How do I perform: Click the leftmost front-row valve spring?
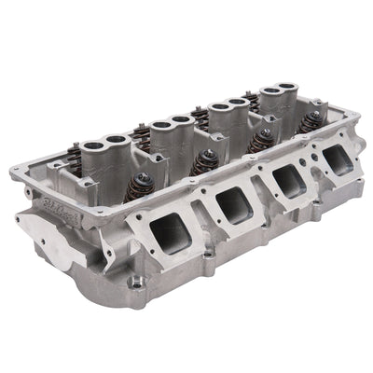(x=143, y=182)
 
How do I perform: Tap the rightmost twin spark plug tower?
(x=277, y=95)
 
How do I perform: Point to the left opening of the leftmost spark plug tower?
(x=93, y=145)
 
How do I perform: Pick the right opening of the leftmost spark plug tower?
(x=116, y=139)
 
